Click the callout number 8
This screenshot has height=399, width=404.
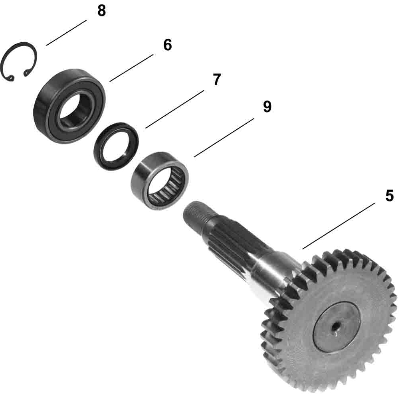(101, 11)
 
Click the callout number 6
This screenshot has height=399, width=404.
(167, 45)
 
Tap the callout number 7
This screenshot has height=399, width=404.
(216, 79)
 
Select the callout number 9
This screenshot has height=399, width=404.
(267, 107)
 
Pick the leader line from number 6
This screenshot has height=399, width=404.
(131, 68)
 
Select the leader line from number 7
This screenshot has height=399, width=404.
(175, 109)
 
